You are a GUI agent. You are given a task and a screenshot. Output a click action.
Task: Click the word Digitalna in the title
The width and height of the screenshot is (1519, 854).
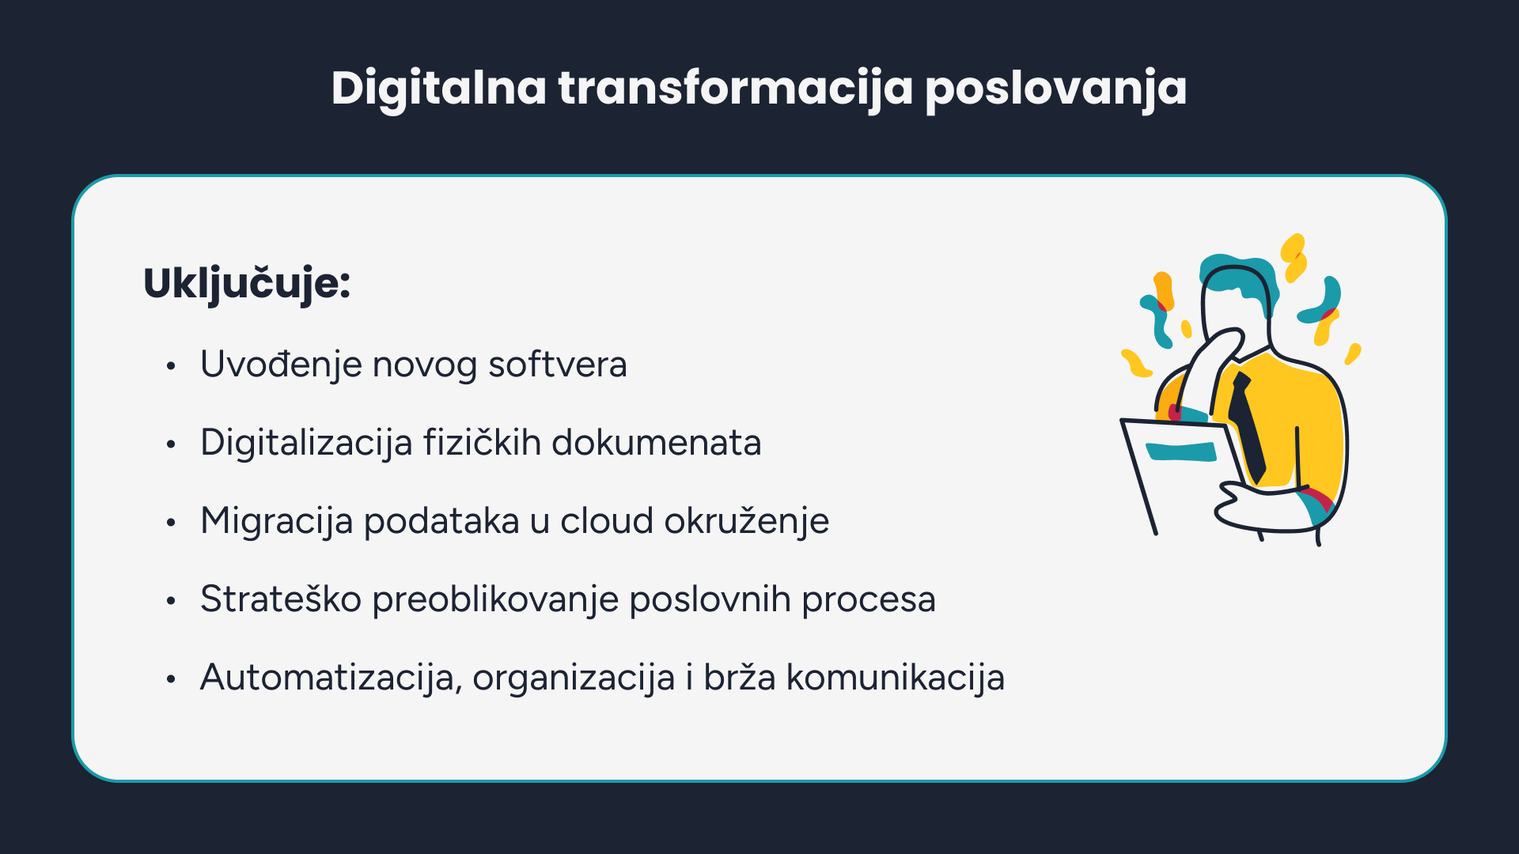click(439, 88)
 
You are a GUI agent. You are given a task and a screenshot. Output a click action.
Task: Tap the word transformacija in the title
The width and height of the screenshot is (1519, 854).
click(736, 88)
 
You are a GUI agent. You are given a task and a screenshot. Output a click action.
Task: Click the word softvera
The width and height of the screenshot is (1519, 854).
click(558, 365)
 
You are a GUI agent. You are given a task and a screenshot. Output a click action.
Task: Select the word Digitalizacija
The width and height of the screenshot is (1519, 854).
click(306, 444)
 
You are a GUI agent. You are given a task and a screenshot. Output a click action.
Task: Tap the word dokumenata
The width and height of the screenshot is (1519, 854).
click(657, 443)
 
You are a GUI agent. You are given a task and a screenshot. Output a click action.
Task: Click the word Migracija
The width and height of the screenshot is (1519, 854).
click(276, 522)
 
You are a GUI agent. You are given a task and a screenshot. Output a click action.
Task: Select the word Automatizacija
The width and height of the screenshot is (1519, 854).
click(331, 678)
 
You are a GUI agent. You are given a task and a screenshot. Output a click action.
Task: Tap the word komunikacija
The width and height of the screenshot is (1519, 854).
click(896, 678)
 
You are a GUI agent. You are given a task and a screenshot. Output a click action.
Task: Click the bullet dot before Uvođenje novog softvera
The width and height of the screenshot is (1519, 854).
click(170, 366)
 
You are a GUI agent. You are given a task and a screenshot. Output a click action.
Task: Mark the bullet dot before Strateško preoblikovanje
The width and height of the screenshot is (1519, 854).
click(170, 601)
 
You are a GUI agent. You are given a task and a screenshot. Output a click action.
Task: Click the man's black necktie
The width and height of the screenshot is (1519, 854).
click(1248, 427)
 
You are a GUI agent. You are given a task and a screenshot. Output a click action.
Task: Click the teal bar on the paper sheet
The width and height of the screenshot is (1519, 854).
click(1181, 452)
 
